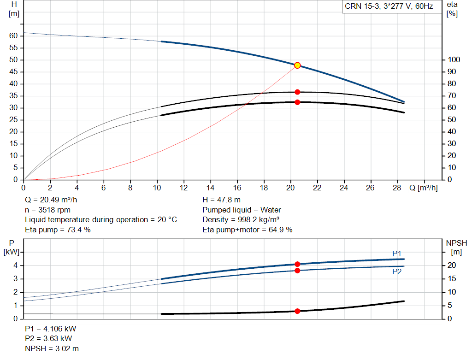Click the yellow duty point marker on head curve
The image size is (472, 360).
pyautogui.click(x=297, y=65)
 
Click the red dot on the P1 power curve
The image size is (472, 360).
pyautogui.click(x=297, y=264)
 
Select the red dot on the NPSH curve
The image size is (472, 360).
pyautogui.click(x=297, y=311)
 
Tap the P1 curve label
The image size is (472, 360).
pyautogui.click(x=397, y=254)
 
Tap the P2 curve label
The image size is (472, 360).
pyautogui.click(x=397, y=272)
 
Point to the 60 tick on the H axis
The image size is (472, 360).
pyautogui.click(x=14, y=36)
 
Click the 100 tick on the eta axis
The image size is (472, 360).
pyautogui.click(x=454, y=60)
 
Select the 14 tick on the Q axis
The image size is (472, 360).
pyautogui.click(x=210, y=188)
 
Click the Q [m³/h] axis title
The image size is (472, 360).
pyautogui.click(x=423, y=188)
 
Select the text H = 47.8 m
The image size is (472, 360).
pyautogui.click(x=221, y=200)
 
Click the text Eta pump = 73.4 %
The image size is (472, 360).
pyautogui.click(x=58, y=229)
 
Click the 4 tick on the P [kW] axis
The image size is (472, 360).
pyautogui.click(x=15, y=265)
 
